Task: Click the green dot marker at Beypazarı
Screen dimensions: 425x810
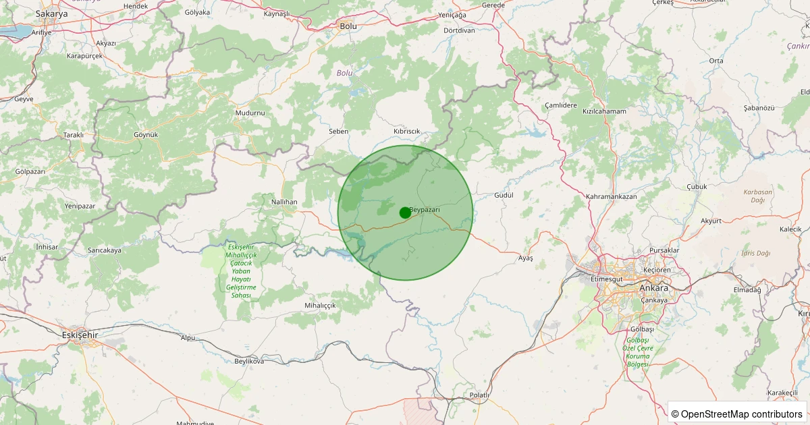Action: (405, 213)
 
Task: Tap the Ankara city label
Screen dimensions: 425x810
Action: (653, 288)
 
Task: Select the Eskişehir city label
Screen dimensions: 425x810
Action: (80, 335)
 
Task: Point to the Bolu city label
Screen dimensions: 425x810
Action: (348, 26)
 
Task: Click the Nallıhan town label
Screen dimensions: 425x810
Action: (283, 202)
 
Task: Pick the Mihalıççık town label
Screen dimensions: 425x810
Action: (320, 306)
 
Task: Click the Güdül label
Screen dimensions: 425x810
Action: (504, 195)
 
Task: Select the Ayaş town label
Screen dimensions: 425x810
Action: (525, 258)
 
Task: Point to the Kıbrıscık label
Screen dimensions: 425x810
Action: (406, 131)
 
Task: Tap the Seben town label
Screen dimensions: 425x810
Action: (338, 131)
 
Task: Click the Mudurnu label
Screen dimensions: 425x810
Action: (250, 112)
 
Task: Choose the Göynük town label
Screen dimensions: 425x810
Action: (145, 134)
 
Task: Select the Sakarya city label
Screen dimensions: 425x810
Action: (52, 13)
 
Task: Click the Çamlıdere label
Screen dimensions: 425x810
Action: (561, 106)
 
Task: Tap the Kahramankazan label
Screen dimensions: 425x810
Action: (612, 196)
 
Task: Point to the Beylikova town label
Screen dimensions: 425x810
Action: (249, 362)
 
